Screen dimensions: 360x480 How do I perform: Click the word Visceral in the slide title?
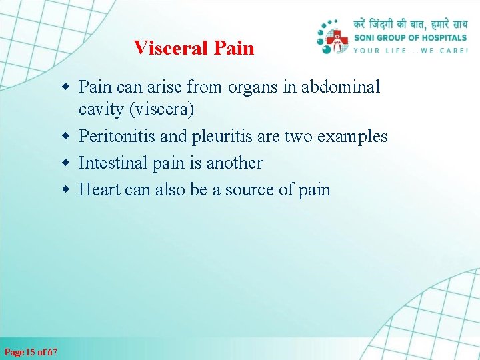171,48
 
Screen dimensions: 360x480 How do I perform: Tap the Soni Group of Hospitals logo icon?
333,39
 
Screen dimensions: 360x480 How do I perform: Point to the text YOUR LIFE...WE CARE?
410,50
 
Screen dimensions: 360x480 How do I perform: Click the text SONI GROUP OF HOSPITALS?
410,38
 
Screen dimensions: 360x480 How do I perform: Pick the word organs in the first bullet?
251,87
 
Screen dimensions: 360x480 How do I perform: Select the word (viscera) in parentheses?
159,109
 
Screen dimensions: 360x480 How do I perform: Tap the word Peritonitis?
117,137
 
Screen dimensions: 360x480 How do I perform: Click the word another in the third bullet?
234,163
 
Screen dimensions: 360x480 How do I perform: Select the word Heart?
99,189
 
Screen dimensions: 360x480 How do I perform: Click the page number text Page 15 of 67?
31,352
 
